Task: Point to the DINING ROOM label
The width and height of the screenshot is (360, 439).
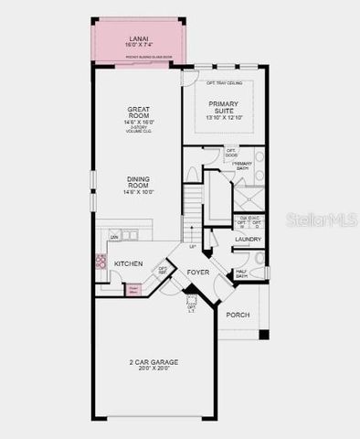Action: pos(138,181)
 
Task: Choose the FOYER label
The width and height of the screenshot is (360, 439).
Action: pos(199,273)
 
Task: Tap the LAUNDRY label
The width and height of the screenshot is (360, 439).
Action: pos(248,240)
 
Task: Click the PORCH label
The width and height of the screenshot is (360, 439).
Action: pos(238,315)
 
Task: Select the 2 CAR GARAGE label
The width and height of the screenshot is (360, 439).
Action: pos(153,362)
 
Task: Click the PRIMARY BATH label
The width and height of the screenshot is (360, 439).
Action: pos(242,166)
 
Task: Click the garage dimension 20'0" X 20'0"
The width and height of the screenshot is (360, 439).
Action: pos(153,369)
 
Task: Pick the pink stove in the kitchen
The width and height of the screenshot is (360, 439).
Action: pos(101,261)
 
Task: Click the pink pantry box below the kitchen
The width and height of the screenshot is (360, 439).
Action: pos(133,290)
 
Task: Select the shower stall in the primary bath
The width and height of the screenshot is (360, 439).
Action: pos(249,198)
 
